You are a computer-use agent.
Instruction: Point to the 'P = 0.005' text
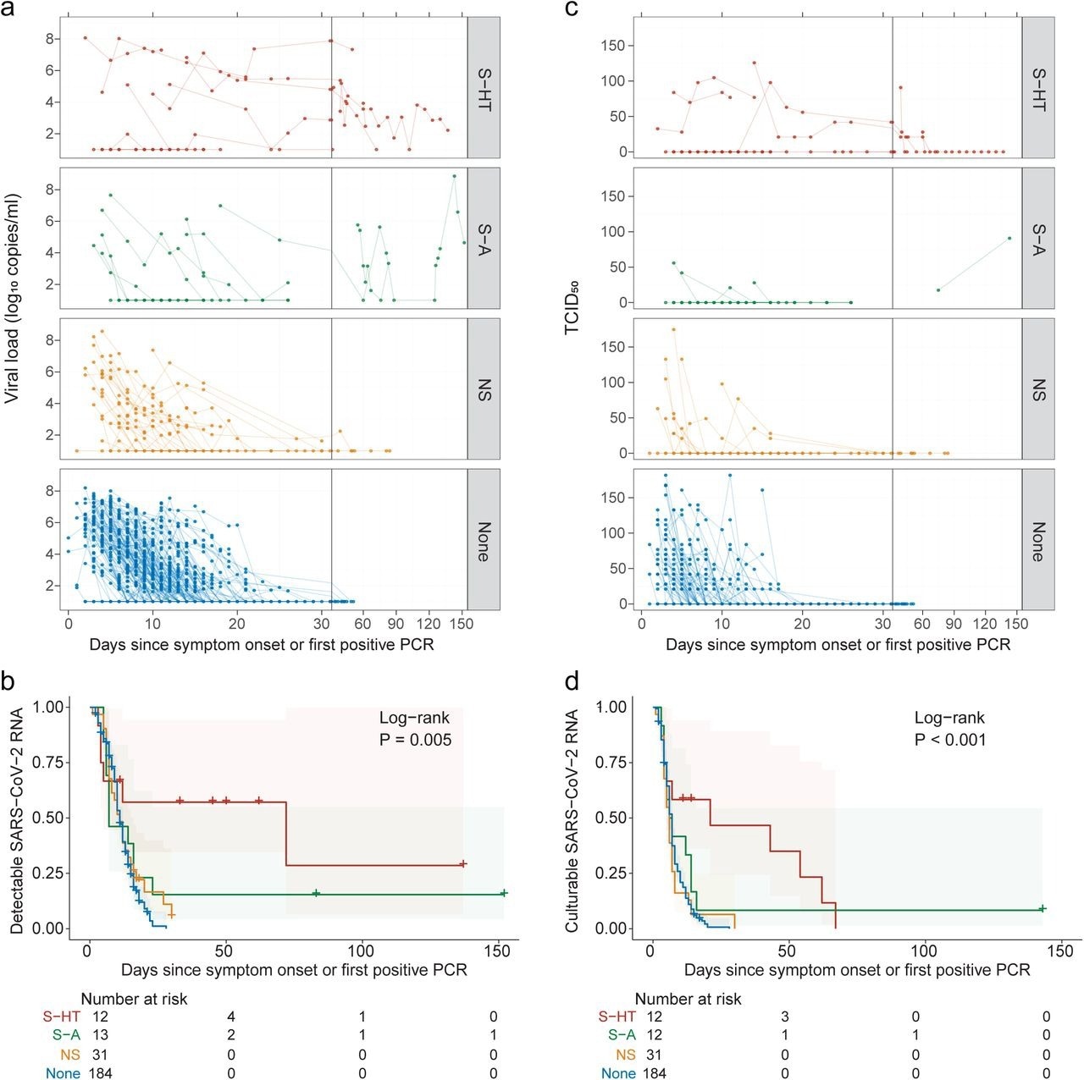pyautogui.click(x=415, y=740)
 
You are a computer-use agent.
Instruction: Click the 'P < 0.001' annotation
pyautogui.click(x=950, y=740)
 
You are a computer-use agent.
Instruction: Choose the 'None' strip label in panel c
pyautogui.click(x=1037, y=540)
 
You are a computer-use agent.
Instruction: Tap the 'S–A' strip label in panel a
pyautogui.click(x=484, y=238)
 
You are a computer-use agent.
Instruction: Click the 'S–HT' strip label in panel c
pyautogui.click(x=1037, y=88)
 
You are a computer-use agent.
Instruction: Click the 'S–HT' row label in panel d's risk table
pyautogui.click(x=617, y=1017)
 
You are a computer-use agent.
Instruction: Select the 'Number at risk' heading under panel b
pyautogui.click(x=135, y=999)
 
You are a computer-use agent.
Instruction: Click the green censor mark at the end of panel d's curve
pyautogui.click(x=1043, y=908)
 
